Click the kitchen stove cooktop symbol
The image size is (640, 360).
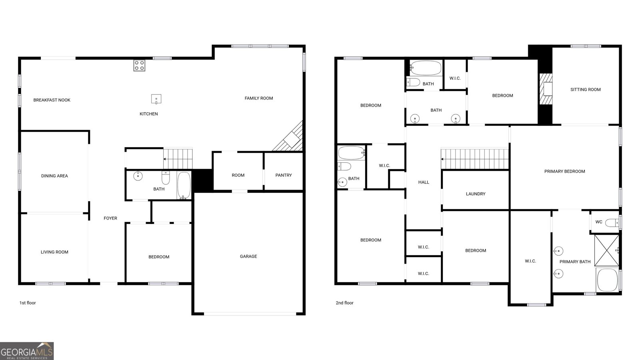click(139, 66)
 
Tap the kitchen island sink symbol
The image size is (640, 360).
click(156, 99)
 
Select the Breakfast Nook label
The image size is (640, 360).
click(52, 100)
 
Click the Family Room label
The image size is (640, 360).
click(258, 98)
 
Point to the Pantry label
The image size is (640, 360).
click(284, 175)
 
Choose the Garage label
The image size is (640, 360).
click(248, 256)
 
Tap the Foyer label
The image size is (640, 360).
click(110, 218)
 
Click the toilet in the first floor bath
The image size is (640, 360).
click(166, 178)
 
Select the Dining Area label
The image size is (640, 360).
click(54, 176)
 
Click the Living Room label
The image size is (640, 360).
click(54, 252)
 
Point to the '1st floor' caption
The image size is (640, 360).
click(28, 303)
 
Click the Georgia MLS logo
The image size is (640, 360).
click(26, 351)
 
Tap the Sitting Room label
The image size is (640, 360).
click(586, 90)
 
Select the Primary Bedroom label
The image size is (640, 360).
click(564, 172)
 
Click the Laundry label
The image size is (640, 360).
click(476, 194)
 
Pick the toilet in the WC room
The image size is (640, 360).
click(612, 222)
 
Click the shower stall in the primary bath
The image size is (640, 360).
click(606, 250)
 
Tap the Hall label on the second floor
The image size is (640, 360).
click(424, 182)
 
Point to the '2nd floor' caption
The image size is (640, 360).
click(344, 303)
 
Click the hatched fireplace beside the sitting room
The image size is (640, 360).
click(546, 89)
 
